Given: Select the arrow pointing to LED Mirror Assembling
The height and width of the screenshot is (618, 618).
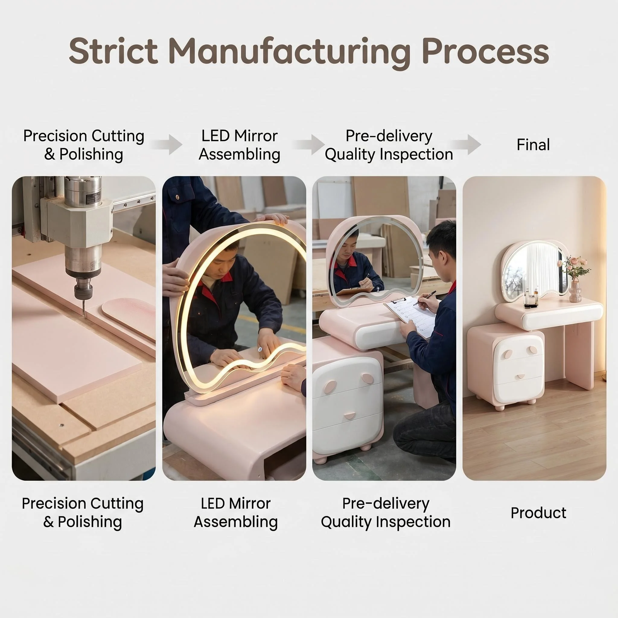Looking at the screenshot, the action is click(x=166, y=145).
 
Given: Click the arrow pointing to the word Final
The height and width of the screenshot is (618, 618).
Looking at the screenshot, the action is click(x=466, y=145).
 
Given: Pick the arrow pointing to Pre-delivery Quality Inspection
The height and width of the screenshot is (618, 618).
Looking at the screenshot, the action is click(x=308, y=145).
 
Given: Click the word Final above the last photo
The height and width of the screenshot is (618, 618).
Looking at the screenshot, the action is click(x=533, y=145).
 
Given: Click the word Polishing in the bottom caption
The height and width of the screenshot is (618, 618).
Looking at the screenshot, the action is click(x=90, y=522).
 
